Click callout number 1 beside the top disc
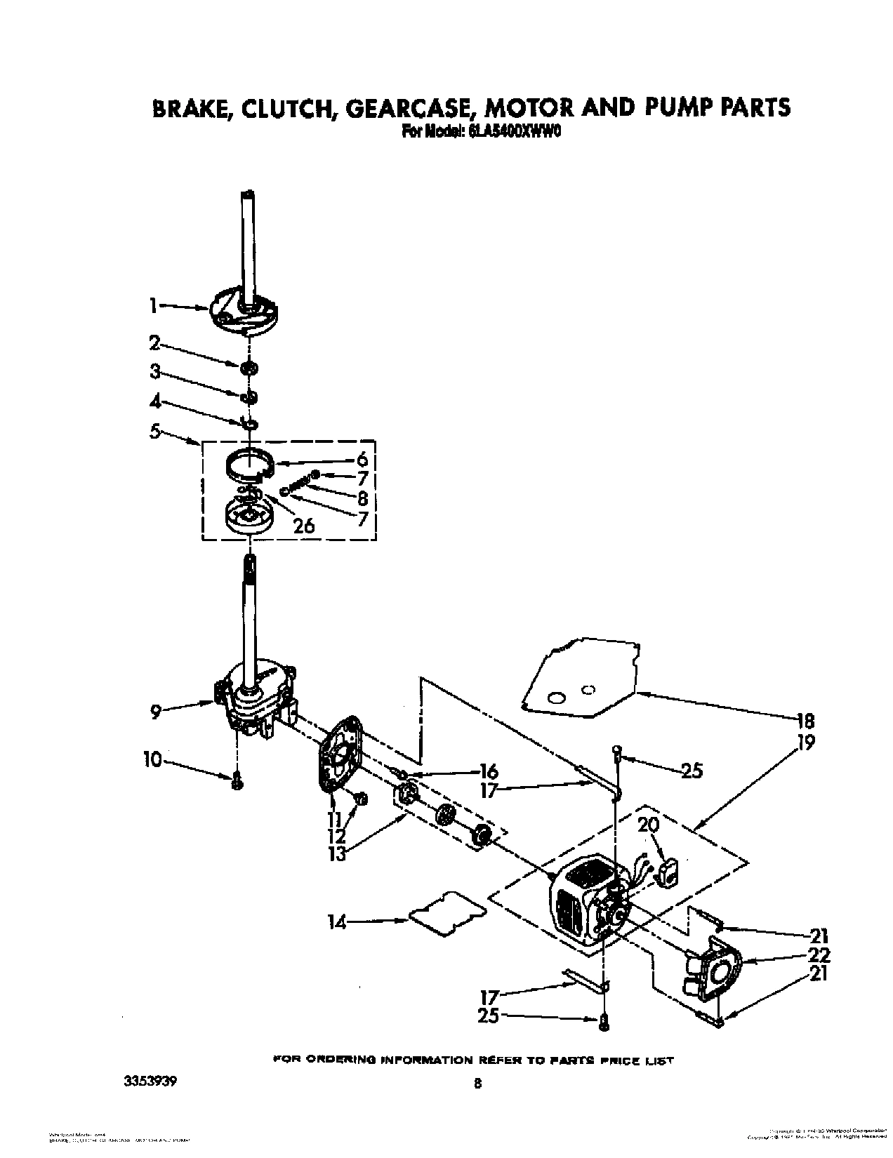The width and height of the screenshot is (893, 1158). click(x=152, y=305)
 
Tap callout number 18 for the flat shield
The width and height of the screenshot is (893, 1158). click(x=806, y=720)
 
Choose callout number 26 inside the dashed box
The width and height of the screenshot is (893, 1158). click(x=303, y=524)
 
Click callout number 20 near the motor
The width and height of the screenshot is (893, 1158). click(x=649, y=825)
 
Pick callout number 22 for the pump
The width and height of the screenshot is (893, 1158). click(x=819, y=954)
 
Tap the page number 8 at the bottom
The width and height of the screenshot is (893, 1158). click(x=477, y=1084)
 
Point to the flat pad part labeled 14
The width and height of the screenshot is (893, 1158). click(x=447, y=912)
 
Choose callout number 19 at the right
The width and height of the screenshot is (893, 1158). click(x=806, y=743)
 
